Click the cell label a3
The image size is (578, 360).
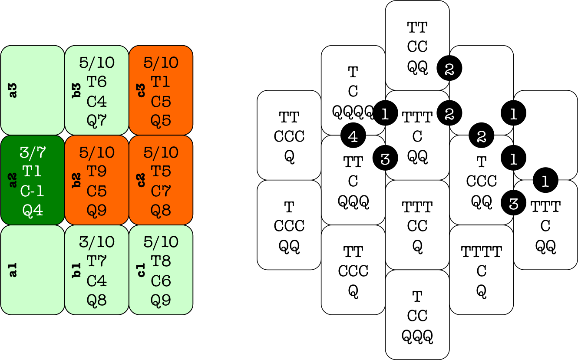click(13, 90)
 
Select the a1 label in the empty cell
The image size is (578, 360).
click(13, 270)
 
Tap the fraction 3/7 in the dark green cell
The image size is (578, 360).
click(33, 152)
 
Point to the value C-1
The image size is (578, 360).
click(33, 191)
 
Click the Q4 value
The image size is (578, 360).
click(33, 211)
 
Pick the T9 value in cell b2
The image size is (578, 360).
click(97, 172)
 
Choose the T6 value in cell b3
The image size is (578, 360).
click(97, 82)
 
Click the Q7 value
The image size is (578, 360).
click(97, 121)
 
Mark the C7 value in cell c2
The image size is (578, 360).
click(161, 191)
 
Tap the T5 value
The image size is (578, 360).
click(161, 172)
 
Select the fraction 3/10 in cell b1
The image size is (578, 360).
click(97, 242)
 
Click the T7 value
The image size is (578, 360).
click(97, 261)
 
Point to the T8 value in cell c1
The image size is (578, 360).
click(161, 261)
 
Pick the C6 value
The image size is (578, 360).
click(161, 281)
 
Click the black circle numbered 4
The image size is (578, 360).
click(353, 136)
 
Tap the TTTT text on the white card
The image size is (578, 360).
click(481, 251)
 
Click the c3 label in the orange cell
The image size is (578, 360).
click(141, 90)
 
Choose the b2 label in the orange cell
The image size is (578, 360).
click(77, 180)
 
